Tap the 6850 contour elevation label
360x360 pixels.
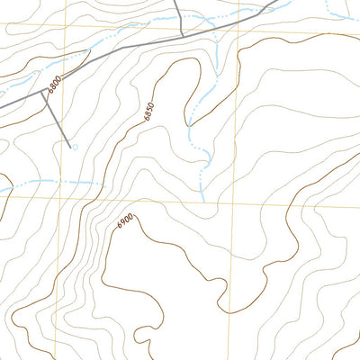[x=148, y=110]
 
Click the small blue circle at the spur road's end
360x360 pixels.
[x=74, y=147]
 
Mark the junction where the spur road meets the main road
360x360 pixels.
[x=41, y=91]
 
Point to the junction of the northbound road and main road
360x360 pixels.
[x=184, y=37]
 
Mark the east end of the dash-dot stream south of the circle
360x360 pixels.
[x=97, y=183]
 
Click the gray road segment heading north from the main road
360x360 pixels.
[x=179, y=18]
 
